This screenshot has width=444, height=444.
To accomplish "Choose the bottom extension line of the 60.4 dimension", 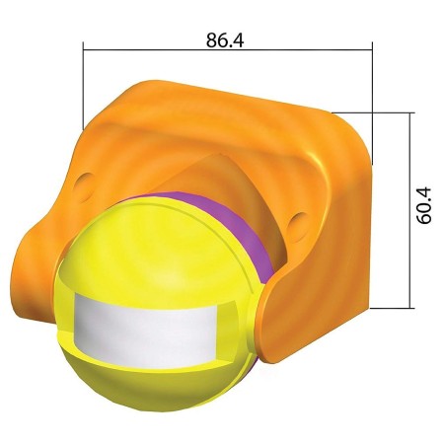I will [x=390, y=309].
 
